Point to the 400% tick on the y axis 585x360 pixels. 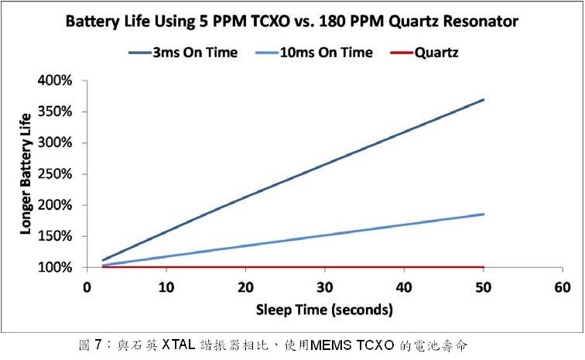(x=55, y=81)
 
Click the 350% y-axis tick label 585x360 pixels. (x=55, y=111)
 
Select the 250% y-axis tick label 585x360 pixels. (x=55, y=174)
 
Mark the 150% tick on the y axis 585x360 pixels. (x=55, y=236)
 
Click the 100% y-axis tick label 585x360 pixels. (x=55, y=268)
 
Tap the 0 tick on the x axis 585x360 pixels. (x=87, y=288)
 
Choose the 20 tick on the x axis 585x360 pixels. (x=246, y=288)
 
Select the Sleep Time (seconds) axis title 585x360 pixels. (x=325, y=310)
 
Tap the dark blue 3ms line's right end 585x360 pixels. (x=484, y=99)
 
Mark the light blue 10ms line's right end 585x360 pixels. (x=484, y=214)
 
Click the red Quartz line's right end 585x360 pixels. (x=484, y=267)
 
